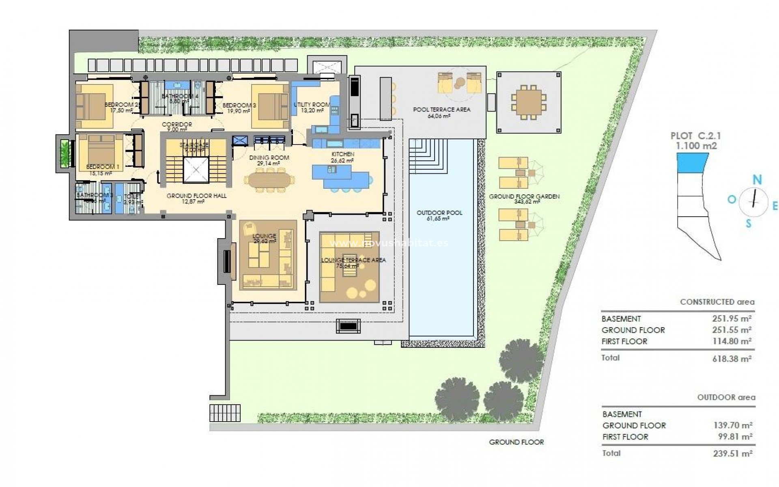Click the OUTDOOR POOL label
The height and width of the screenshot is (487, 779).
point(439,213)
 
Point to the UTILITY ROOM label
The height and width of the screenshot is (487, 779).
point(312,105)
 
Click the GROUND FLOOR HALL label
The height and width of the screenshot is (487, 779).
point(196,196)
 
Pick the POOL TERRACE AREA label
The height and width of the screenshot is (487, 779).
point(442,110)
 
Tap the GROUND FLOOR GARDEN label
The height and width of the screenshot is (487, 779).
point(524,196)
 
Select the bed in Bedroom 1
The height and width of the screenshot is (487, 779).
point(101,149)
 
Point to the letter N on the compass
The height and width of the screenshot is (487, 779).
point(757,179)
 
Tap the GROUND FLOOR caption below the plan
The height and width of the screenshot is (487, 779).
point(516,442)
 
